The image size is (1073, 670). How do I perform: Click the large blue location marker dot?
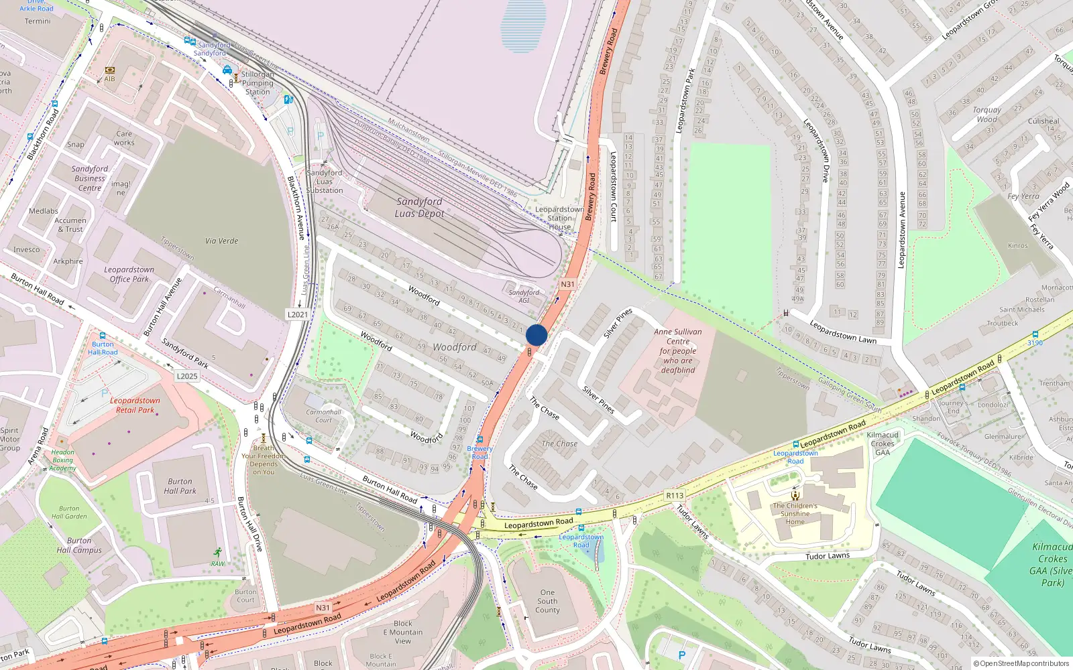pyautogui.click(x=536, y=335)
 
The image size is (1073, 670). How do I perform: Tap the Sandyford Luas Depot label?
pyautogui.click(x=419, y=208)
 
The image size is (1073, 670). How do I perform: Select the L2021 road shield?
pyautogui.click(x=298, y=314)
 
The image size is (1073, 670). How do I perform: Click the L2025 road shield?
pyautogui.click(x=187, y=376)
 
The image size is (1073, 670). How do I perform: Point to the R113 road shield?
pyautogui.click(x=675, y=496)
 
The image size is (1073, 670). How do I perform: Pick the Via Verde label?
pyautogui.click(x=221, y=241)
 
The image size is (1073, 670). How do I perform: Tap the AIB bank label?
pyautogui.click(x=109, y=78)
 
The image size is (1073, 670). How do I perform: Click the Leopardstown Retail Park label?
pyautogui.click(x=135, y=405)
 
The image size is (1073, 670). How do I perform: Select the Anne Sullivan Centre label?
pyautogui.click(x=678, y=350)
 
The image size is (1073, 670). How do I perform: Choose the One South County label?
pyautogui.click(x=547, y=601)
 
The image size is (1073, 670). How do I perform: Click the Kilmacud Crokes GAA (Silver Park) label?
pyautogui.click(x=1052, y=565)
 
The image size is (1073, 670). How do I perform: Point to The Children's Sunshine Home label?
pyautogui.click(x=795, y=514)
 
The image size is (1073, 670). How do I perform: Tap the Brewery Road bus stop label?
pyautogui.click(x=479, y=452)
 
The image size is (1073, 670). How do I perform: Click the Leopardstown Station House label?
pyautogui.click(x=559, y=218)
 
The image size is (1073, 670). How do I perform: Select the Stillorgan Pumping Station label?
pyautogui.click(x=258, y=83)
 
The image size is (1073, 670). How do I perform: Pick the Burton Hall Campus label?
pyautogui.click(x=79, y=545)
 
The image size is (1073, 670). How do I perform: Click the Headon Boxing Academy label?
pyautogui.click(x=62, y=460)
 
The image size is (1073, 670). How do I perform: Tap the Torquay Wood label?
pyautogui.click(x=986, y=115)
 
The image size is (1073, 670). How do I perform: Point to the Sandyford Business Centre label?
pyautogui.click(x=90, y=179)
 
